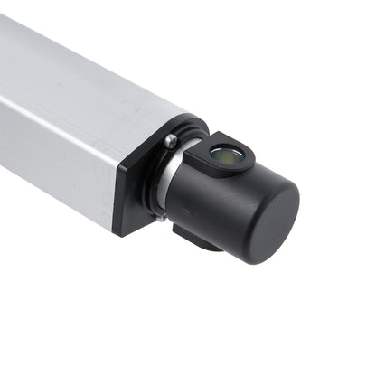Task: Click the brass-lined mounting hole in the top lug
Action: [226, 155]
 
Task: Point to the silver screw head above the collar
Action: [171, 141]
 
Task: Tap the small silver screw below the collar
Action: [161, 217]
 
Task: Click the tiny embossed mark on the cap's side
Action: [184, 213]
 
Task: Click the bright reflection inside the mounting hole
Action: [222, 154]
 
